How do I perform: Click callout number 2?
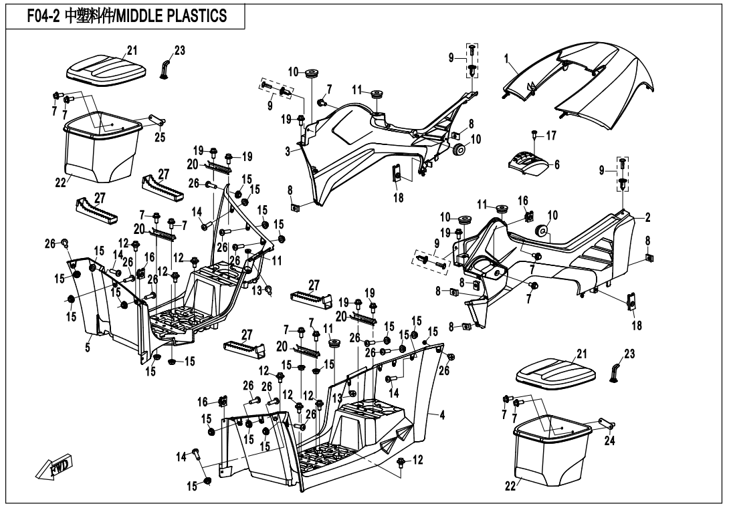647,217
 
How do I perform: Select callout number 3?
288,152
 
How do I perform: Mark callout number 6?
556,165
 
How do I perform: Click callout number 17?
551,136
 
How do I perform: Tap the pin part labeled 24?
608,422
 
